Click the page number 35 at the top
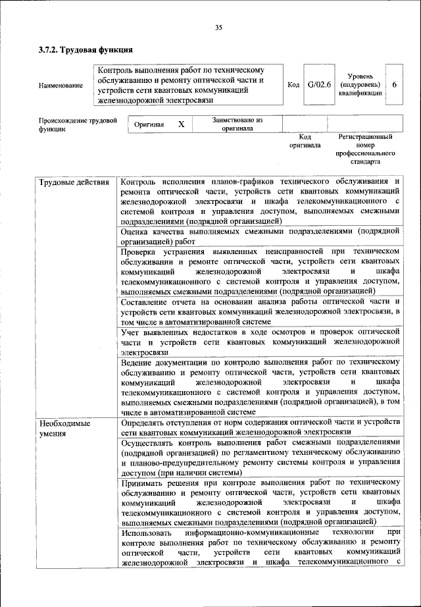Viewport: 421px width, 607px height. [x=218, y=27]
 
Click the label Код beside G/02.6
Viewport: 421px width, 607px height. [x=293, y=85]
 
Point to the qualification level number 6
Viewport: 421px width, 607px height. [x=394, y=85]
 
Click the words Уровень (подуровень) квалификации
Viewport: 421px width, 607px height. [x=360, y=85]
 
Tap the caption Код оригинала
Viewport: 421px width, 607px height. [x=305, y=141]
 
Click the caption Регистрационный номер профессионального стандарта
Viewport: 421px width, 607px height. [x=365, y=149]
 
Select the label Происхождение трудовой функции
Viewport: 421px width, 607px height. [x=78, y=125]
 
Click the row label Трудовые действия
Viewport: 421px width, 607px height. [x=70, y=181]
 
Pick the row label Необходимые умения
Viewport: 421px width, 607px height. [x=63, y=428]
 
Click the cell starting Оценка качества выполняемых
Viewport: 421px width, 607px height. [x=260, y=236]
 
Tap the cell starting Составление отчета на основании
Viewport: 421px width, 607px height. [x=260, y=311]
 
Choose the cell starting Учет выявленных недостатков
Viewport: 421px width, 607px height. [x=260, y=342]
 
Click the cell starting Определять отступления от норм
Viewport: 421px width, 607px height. [x=260, y=427]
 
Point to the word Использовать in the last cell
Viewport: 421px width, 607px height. [x=146, y=532]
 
